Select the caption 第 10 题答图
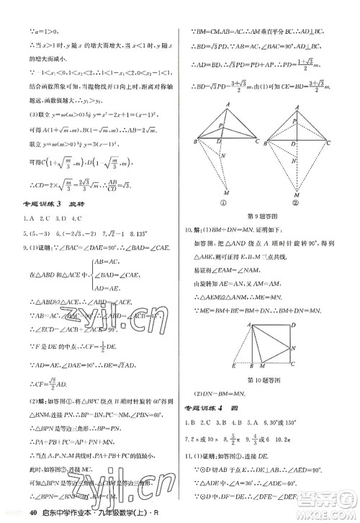point(267,379)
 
